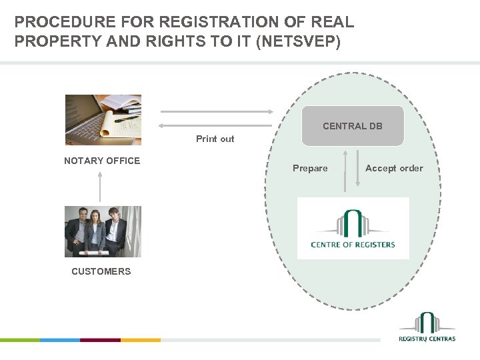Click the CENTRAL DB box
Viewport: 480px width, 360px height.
pyautogui.click(x=353, y=126)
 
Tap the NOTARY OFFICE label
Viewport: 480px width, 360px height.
pyautogui.click(x=102, y=161)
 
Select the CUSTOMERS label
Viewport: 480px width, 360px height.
pyautogui.click(x=101, y=271)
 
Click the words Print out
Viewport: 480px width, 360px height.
pyautogui.click(x=215, y=139)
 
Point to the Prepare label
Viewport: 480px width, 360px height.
pyautogui.click(x=310, y=169)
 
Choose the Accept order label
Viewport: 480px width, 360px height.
pyautogui.click(x=394, y=169)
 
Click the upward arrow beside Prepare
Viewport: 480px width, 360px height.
pyautogui.click(x=345, y=171)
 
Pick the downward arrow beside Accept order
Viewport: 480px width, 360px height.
pyautogui.click(x=357, y=171)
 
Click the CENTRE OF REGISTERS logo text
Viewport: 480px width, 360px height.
pyautogui.click(x=353, y=245)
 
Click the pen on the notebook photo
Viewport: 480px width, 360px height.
pyautogui.click(x=125, y=120)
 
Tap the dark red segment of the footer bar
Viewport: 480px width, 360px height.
pyautogui.click(x=100, y=340)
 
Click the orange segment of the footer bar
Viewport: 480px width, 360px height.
pyautogui.click(x=140, y=340)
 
